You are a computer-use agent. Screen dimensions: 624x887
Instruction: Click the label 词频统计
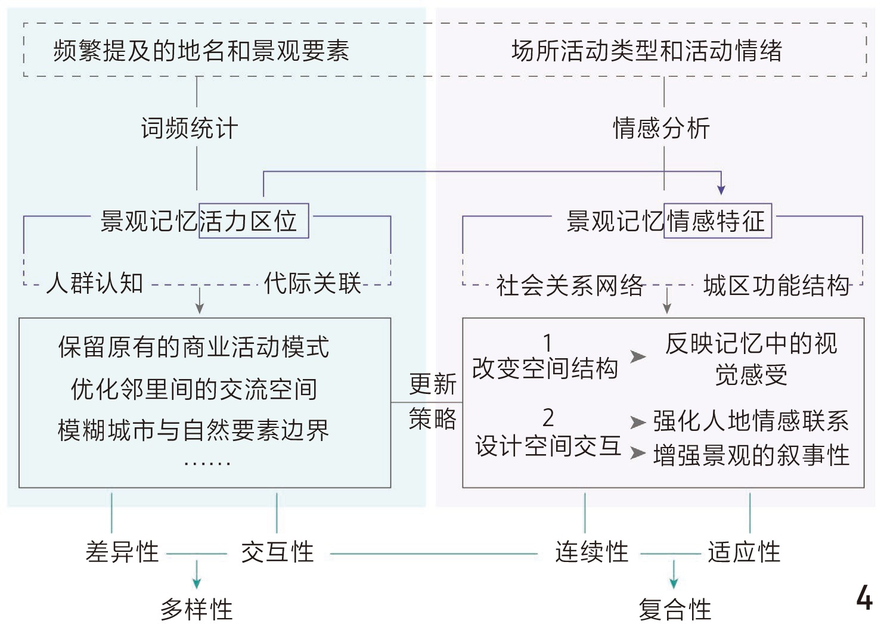pos(189,128)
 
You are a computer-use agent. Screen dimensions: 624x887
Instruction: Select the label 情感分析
pos(661,128)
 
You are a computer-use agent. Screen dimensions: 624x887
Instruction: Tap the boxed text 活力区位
pos(253,221)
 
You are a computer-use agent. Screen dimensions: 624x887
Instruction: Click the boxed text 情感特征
pos(718,221)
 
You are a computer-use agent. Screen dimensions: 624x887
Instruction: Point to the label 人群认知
pos(95,283)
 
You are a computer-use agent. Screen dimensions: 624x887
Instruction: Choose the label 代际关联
pos(312,283)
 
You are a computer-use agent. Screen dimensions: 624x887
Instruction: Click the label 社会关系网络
pos(570,285)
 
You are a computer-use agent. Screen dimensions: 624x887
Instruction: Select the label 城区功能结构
pos(776,285)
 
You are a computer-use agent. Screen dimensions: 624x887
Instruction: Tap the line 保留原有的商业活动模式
pos(193,347)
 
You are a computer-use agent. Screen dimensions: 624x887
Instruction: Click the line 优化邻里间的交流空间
pos(193,389)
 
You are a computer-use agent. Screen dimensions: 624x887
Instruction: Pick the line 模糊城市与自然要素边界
pos(193,430)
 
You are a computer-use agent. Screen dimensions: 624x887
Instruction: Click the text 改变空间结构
pos(545,368)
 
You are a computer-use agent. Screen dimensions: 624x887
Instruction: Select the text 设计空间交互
pos(548,445)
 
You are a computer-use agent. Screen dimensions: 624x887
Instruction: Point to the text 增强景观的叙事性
pos(751,455)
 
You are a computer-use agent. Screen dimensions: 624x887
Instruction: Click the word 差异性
pos(122,552)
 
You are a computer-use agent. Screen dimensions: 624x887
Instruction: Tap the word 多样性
pos(197,609)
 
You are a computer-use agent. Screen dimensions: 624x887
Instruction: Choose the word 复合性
pos(675,609)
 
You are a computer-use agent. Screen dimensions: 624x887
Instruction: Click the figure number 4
pos(864,597)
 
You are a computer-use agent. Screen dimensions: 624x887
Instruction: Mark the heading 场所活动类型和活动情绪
pos(647,51)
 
